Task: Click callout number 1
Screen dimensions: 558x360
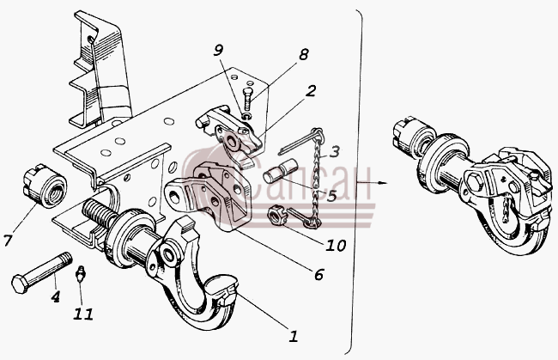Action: tap(294, 337)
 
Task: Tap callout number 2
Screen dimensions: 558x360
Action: tap(310, 91)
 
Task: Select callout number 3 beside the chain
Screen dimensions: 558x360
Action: tap(334, 151)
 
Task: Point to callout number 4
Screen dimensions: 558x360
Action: tap(55, 296)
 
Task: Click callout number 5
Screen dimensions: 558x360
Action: tap(331, 196)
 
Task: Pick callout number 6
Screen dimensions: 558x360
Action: tap(318, 275)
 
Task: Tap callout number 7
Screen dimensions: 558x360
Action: tap(8, 241)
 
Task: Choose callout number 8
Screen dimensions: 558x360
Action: tap(303, 54)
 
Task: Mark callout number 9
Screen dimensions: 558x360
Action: tap(218, 51)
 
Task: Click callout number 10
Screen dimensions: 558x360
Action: tap(336, 245)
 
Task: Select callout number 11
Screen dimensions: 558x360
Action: tap(83, 314)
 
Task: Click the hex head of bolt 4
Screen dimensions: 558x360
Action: tap(20, 284)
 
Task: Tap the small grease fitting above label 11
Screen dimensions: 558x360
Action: tap(81, 273)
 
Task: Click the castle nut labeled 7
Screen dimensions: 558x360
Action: tap(45, 186)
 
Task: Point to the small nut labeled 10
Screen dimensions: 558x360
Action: tap(275, 216)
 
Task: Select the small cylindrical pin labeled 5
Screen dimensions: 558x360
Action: tap(277, 173)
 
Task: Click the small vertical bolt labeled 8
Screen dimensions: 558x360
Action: tap(247, 100)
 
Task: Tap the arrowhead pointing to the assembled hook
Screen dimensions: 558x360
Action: tap(383, 183)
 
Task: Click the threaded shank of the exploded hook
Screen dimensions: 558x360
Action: tap(99, 214)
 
